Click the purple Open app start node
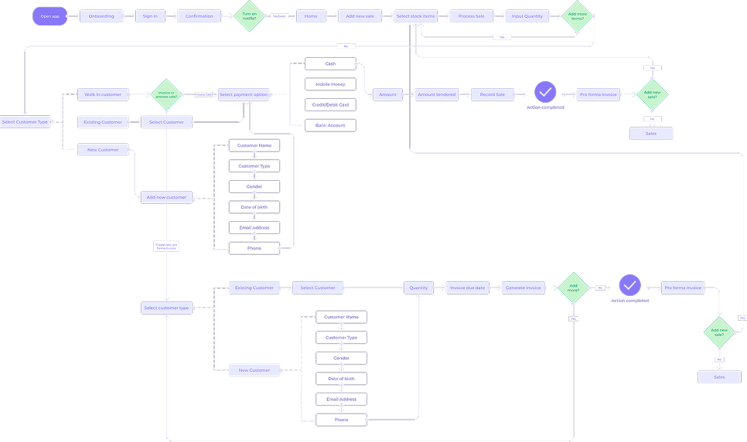click(50, 16)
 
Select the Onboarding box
click(101, 16)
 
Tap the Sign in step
click(150, 16)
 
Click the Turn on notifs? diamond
click(249, 16)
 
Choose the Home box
click(311, 16)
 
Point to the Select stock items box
click(416, 16)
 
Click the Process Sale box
click(471, 16)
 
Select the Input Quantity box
click(527, 16)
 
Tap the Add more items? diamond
click(577, 16)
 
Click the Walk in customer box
click(103, 94)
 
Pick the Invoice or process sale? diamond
click(165, 94)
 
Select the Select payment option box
click(244, 94)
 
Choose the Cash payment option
click(330, 63)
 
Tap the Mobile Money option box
click(330, 83)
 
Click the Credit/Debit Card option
click(330, 104)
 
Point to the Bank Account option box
click(330, 124)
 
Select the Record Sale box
click(493, 94)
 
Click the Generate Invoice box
click(524, 287)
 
